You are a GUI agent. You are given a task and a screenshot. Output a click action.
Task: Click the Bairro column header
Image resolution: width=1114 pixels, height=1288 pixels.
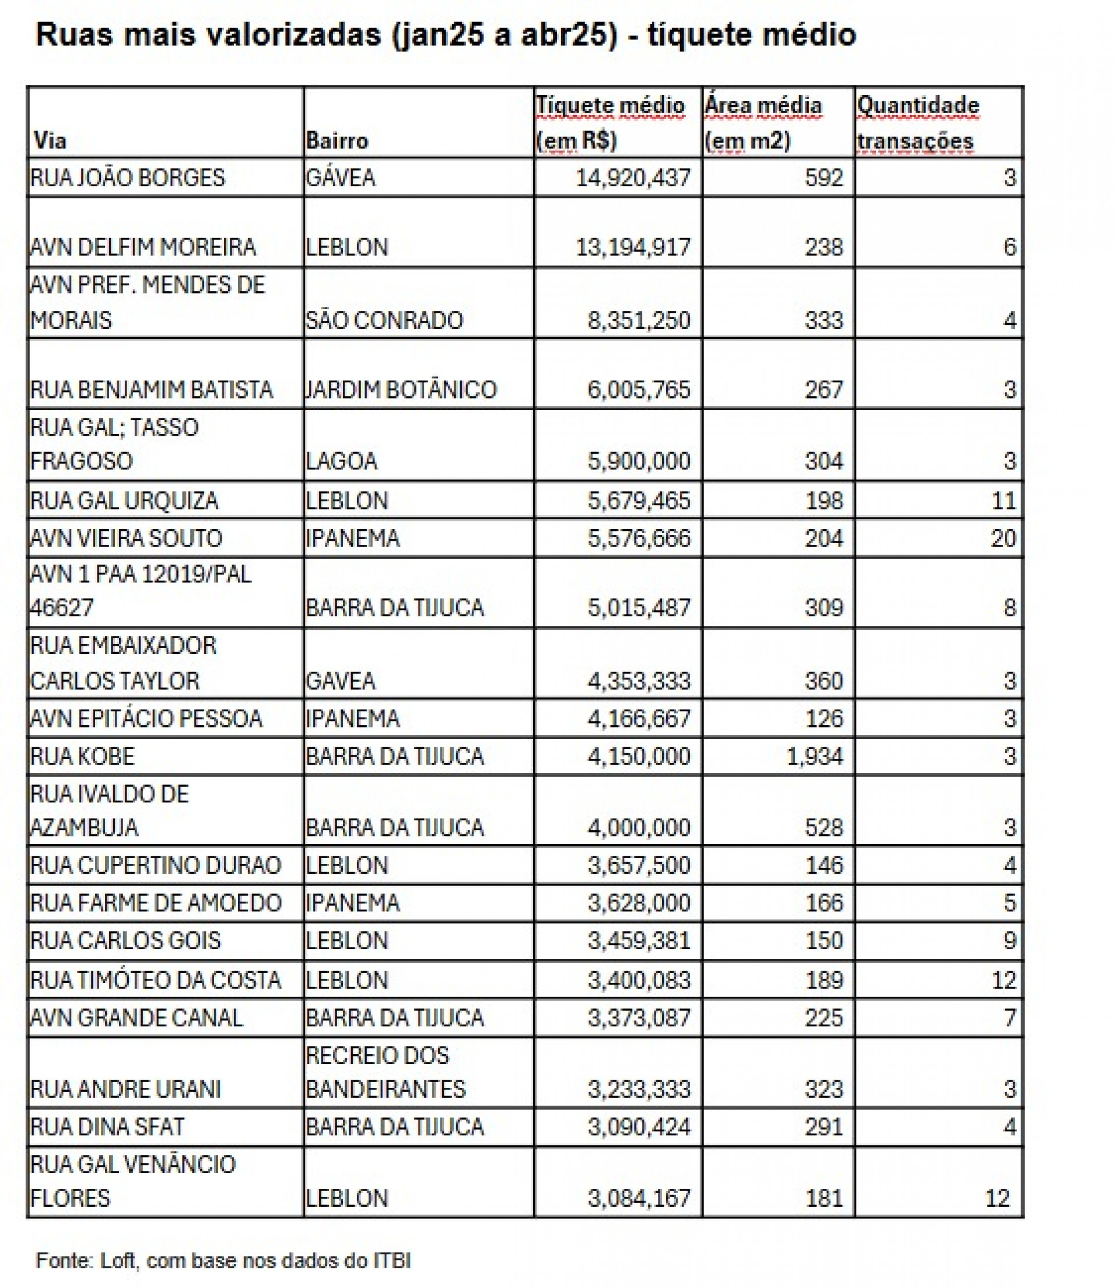337,141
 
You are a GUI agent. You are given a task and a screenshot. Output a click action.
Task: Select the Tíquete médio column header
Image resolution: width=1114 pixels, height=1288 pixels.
610,123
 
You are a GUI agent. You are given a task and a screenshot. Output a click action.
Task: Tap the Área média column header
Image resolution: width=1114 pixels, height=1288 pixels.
763,123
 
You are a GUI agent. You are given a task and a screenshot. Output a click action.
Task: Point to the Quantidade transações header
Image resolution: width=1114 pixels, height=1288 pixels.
917,123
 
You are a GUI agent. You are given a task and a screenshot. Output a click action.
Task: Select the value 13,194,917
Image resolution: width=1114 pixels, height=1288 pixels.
632,247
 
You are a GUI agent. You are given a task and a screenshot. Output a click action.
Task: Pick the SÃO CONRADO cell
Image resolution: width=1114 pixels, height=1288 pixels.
384,320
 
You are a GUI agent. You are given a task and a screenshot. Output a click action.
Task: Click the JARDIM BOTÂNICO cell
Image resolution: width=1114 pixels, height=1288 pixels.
401,390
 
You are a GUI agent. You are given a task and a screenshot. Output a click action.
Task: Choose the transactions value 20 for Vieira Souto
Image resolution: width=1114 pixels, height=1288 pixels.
1003,538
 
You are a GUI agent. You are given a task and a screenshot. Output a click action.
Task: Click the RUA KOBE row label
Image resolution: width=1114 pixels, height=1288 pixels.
82,757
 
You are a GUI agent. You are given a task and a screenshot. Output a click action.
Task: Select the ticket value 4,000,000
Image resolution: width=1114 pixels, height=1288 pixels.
638,828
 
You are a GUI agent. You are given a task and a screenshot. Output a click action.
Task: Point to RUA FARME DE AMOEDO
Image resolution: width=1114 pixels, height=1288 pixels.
156,903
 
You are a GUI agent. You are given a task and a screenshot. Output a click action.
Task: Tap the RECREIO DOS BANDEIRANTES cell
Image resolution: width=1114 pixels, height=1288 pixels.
385,1072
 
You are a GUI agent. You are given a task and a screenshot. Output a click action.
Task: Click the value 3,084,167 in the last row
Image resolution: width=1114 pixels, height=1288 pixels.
638,1198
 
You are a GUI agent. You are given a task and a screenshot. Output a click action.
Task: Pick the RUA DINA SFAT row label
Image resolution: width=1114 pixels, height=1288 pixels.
107,1127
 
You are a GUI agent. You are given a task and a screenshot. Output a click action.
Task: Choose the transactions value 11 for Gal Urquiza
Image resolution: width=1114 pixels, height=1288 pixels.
1003,501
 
